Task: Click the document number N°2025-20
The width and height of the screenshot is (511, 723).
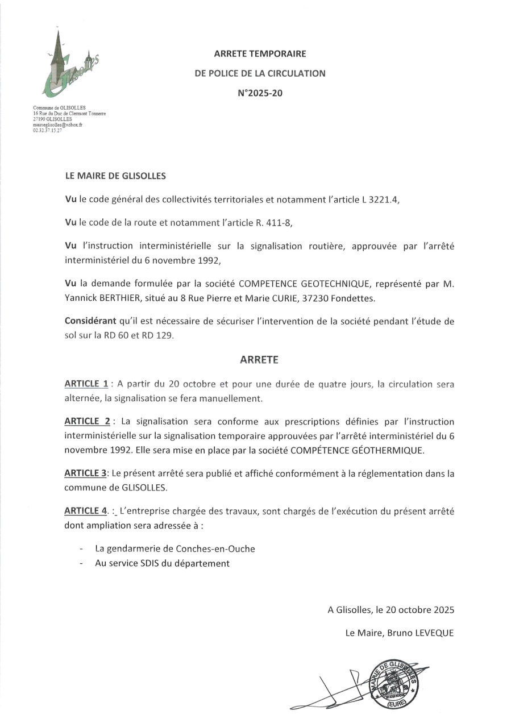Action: pos(260,93)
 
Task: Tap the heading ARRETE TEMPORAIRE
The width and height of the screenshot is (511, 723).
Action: pos(260,54)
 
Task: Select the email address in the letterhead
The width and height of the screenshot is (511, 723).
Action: pos(58,124)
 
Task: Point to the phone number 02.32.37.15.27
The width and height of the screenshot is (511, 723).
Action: pos(47,130)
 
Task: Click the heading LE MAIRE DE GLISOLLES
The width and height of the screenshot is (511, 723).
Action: pos(115,176)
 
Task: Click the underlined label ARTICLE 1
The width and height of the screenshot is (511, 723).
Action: pos(86,384)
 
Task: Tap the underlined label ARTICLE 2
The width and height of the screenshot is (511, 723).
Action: pos(87,422)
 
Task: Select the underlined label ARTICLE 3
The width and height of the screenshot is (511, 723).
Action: pos(86,473)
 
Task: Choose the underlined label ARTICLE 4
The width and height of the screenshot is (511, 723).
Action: pos(86,511)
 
